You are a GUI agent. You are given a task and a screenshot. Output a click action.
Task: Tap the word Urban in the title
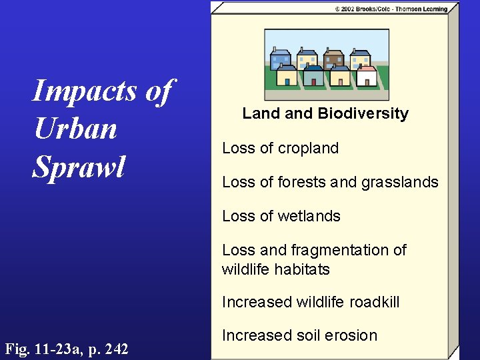click(x=75, y=129)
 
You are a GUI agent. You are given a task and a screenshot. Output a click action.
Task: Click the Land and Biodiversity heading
click(x=325, y=113)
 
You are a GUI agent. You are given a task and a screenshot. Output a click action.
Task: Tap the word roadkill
click(x=371, y=302)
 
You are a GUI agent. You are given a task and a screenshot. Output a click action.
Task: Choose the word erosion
click(x=353, y=335)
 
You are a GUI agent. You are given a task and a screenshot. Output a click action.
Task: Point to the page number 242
click(x=115, y=348)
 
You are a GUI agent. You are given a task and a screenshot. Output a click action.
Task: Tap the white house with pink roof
click(x=366, y=75)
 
